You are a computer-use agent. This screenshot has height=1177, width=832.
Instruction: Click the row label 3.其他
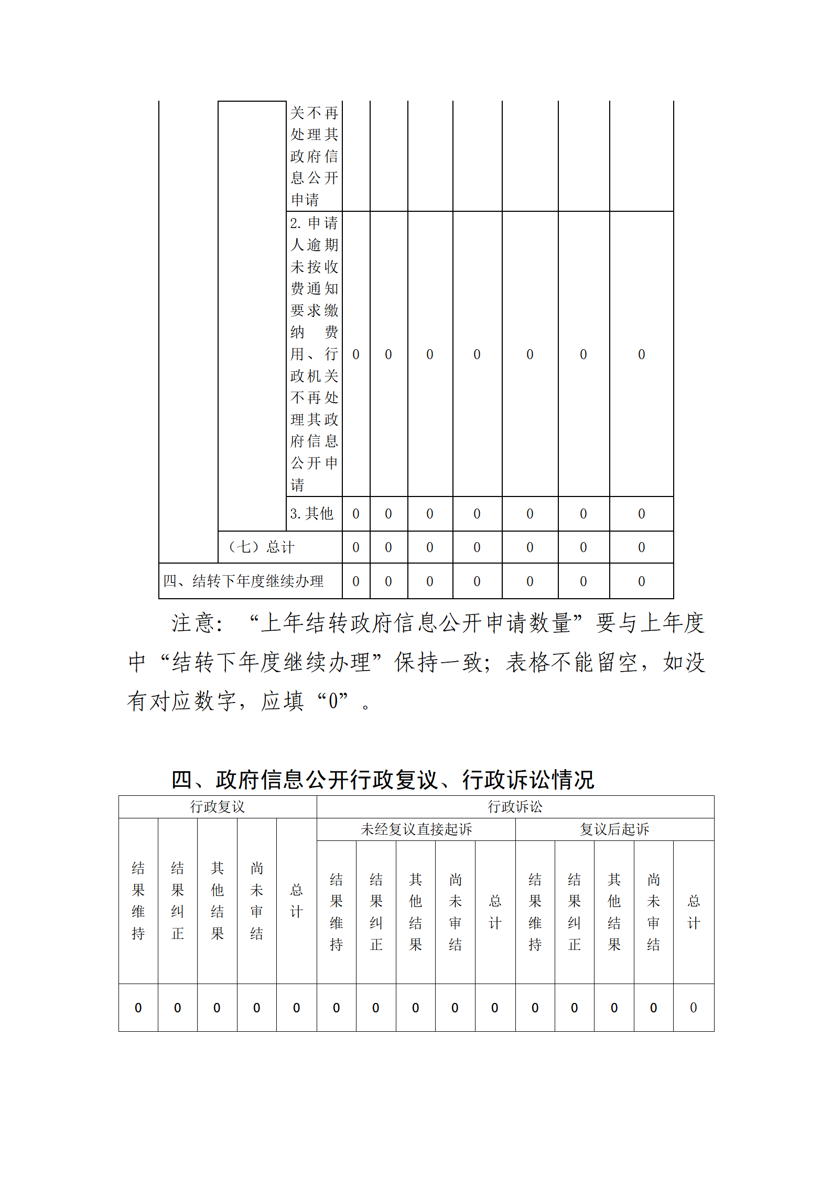(x=311, y=513)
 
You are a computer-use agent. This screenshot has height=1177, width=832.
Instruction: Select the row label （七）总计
(x=261, y=547)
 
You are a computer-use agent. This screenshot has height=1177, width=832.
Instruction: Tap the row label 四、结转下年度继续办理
(x=243, y=581)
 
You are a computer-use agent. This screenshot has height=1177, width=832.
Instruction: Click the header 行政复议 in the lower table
(x=217, y=806)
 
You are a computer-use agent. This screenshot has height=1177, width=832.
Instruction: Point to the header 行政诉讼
(x=515, y=806)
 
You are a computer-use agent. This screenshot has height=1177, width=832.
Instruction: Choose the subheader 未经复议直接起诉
(x=416, y=829)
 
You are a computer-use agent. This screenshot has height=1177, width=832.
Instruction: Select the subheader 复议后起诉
(x=614, y=829)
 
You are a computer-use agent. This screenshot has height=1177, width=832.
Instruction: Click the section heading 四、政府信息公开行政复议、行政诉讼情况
(x=383, y=780)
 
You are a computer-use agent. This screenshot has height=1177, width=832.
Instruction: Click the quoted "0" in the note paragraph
(x=333, y=701)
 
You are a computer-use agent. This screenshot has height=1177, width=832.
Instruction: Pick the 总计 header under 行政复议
(x=296, y=900)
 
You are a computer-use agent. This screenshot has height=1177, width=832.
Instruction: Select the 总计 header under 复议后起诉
(x=694, y=912)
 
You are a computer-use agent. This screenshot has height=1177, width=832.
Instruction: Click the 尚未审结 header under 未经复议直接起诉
(x=455, y=912)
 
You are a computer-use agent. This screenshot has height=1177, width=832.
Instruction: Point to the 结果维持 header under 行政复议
(x=138, y=900)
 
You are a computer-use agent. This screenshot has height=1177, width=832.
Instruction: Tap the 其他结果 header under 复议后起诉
(x=614, y=912)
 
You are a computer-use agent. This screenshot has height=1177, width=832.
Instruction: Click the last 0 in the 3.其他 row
(x=641, y=514)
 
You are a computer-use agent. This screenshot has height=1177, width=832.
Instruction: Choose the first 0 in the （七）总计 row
(x=356, y=547)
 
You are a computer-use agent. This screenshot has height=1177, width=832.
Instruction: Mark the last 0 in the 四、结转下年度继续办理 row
(x=641, y=581)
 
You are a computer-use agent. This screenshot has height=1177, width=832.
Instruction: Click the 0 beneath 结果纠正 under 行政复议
(x=177, y=1008)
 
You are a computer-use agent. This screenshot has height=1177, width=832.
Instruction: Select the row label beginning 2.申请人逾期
(x=314, y=353)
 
